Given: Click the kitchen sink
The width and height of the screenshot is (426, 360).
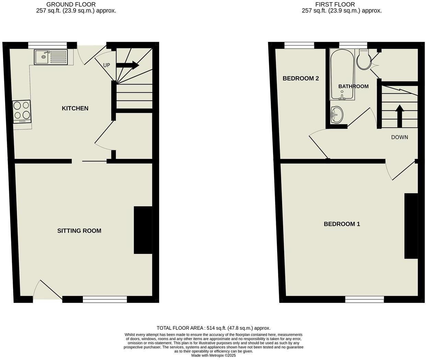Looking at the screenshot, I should (x=51, y=57).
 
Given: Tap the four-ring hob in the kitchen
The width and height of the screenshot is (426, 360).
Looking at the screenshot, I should (x=22, y=111).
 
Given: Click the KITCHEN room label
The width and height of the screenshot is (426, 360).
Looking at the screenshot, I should (x=75, y=108).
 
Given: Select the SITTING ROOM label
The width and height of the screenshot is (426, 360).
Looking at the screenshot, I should (x=79, y=231).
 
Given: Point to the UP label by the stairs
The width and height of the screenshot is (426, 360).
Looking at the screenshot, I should (x=106, y=65).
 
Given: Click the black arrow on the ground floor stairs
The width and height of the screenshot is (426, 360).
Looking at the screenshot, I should (x=127, y=65).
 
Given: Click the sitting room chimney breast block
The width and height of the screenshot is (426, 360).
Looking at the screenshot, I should (x=143, y=230).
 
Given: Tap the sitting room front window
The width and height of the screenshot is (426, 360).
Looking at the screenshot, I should (x=105, y=300).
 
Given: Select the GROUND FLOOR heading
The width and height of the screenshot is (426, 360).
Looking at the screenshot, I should (x=71, y=4).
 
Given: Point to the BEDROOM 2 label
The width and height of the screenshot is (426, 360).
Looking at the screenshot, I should (x=301, y=78).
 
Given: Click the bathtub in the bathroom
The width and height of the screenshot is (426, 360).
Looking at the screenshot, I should (x=342, y=74).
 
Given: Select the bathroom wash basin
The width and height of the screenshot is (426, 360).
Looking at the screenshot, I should (x=336, y=114).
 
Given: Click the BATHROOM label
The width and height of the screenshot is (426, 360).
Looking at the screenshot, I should (x=353, y=86).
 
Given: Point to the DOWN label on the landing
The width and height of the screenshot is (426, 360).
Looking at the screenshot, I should (x=400, y=137).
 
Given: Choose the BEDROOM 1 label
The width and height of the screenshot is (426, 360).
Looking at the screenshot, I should (x=342, y=224).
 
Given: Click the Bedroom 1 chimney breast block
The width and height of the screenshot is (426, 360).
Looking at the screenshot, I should (x=411, y=226).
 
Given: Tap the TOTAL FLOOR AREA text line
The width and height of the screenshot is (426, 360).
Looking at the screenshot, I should (x=213, y=328).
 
